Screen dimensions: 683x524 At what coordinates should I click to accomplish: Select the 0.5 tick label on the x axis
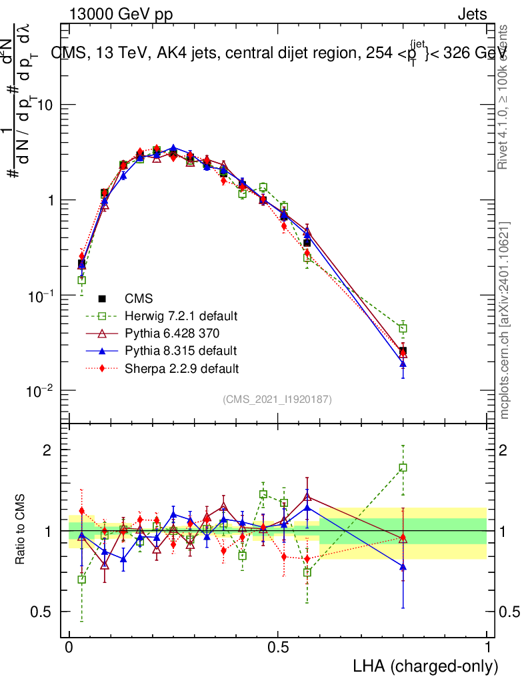tap(278, 648)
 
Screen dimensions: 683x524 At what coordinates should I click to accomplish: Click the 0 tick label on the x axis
tap(69, 648)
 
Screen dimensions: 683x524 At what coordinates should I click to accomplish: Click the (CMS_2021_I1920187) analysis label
tap(277, 399)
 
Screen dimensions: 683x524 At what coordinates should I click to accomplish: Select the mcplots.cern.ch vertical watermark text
tap(505, 320)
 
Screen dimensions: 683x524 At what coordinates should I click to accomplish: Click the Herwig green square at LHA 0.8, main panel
tap(403, 328)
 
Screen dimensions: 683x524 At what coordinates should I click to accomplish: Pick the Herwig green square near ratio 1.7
tap(403, 468)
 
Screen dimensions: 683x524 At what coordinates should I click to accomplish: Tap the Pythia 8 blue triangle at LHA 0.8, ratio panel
tap(403, 566)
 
